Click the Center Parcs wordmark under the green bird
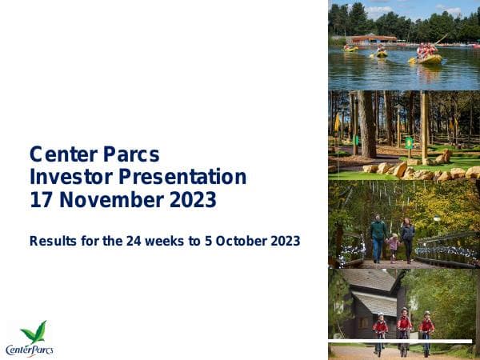(29, 350)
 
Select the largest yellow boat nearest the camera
(428, 58)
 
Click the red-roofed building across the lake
(372, 38)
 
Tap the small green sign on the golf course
(409, 142)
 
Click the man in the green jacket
(378, 235)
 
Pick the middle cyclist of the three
(404, 327)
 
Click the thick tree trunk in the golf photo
(366, 124)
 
